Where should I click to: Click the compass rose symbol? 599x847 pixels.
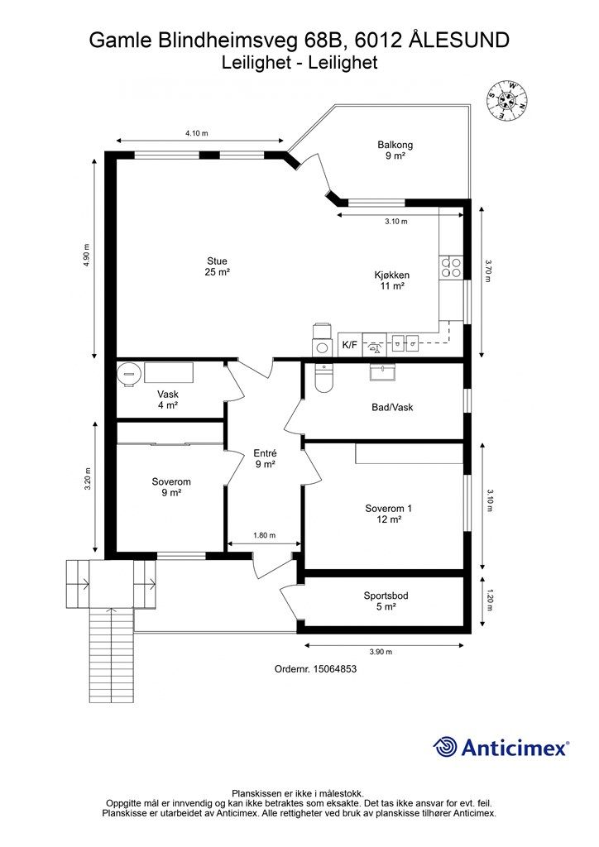[x=507, y=101]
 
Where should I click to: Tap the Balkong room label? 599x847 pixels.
[x=395, y=151]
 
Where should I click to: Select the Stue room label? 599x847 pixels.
[x=217, y=266]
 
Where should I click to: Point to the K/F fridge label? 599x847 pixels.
[x=350, y=345]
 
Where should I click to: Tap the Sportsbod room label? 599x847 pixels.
[x=386, y=601]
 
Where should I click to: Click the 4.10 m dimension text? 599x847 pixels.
[x=197, y=133]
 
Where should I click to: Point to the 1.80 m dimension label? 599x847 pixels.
[x=264, y=535]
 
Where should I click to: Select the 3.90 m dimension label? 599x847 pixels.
[x=381, y=652]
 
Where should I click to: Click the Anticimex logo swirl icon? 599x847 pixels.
[x=445, y=747]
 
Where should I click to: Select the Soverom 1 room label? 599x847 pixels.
[x=389, y=514]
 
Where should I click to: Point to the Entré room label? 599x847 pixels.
[x=266, y=458]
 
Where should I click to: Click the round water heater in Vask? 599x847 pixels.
[x=130, y=373]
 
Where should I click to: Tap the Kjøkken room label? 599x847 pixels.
[x=392, y=280]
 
